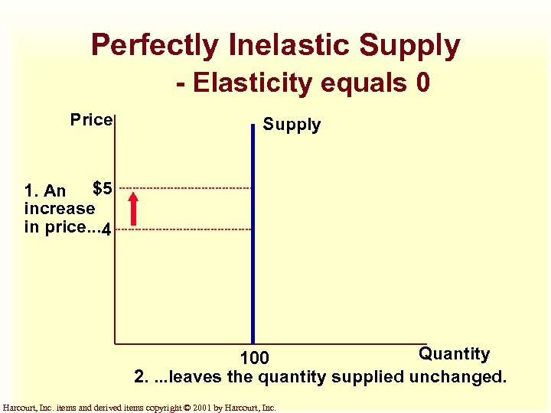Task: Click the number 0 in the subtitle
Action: [422, 83]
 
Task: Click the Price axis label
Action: [91, 120]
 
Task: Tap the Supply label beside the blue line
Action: [292, 125]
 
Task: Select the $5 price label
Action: [103, 187]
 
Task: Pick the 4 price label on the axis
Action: [107, 229]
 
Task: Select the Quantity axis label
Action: [454, 353]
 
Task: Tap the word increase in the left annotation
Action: [60, 208]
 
